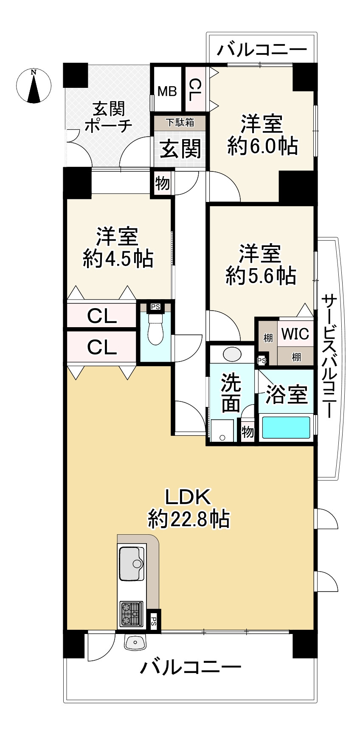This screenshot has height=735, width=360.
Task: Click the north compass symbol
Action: click(34, 86)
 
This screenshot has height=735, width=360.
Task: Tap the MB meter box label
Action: click(167, 91)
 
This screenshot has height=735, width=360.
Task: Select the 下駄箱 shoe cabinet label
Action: click(180, 122)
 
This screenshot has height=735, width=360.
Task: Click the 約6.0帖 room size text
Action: click(262, 147)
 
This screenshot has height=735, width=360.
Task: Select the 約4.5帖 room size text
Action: click(118, 258)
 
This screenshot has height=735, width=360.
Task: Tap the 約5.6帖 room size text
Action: click(260, 276)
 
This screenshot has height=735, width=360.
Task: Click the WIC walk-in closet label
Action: click(295, 334)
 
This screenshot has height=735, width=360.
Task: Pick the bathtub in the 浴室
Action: click(286, 427)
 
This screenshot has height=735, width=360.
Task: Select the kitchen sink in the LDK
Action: click(132, 564)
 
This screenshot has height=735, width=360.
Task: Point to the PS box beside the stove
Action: click(154, 622)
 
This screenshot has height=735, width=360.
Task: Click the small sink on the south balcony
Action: click(135, 642)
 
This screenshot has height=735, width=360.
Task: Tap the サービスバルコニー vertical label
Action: click(329, 357)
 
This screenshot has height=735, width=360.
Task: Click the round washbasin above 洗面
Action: click(232, 353)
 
